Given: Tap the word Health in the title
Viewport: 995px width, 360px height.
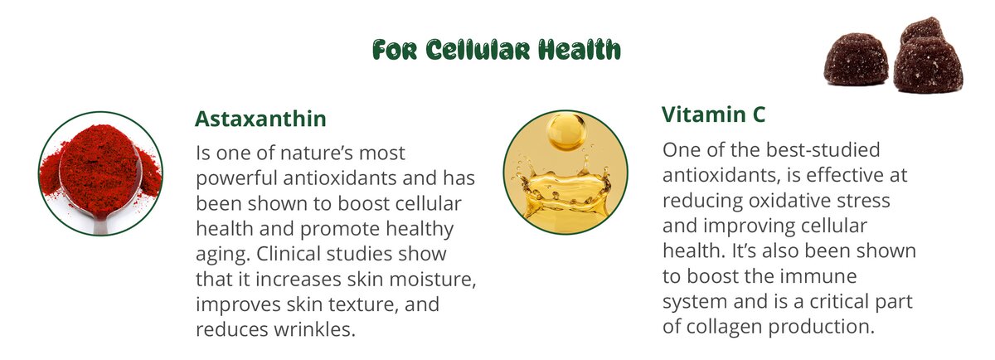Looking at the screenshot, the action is pyautogui.click(x=580, y=49).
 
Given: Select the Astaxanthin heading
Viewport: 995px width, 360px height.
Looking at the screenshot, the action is pyautogui.click(x=260, y=119).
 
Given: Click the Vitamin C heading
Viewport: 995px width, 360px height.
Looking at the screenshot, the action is pyautogui.click(x=713, y=114).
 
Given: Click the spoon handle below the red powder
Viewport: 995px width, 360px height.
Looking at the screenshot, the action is pyautogui.click(x=101, y=226).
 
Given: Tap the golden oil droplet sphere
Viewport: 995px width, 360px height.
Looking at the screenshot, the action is pyautogui.click(x=566, y=132).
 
